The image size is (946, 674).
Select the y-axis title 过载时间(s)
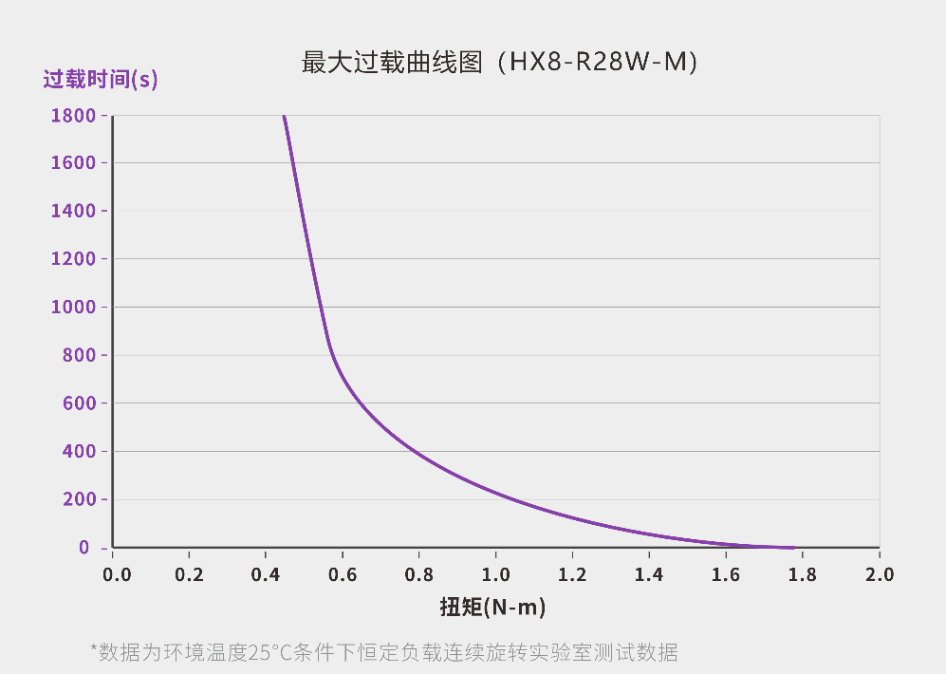(x=101, y=80)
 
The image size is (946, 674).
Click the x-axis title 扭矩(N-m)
(x=492, y=607)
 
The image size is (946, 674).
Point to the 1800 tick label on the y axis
(x=73, y=116)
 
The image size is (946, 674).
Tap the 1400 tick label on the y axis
(x=73, y=211)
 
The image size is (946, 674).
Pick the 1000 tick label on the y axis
(x=73, y=307)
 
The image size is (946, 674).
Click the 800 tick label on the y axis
(x=79, y=355)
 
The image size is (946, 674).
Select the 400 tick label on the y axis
(x=79, y=451)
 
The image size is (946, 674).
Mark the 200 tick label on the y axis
(x=79, y=499)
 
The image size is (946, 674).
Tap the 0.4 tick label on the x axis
(x=267, y=574)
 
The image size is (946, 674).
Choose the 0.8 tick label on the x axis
(x=419, y=574)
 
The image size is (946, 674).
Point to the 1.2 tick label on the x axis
(x=572, y=574)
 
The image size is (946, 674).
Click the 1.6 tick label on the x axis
(x=726, y=574)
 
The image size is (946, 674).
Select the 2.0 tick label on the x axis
(x=879, y=574)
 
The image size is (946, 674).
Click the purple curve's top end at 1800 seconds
(x=284, y=117)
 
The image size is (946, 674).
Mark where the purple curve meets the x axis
(x=792, y=548)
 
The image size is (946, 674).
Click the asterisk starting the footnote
(x=94, y=649)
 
